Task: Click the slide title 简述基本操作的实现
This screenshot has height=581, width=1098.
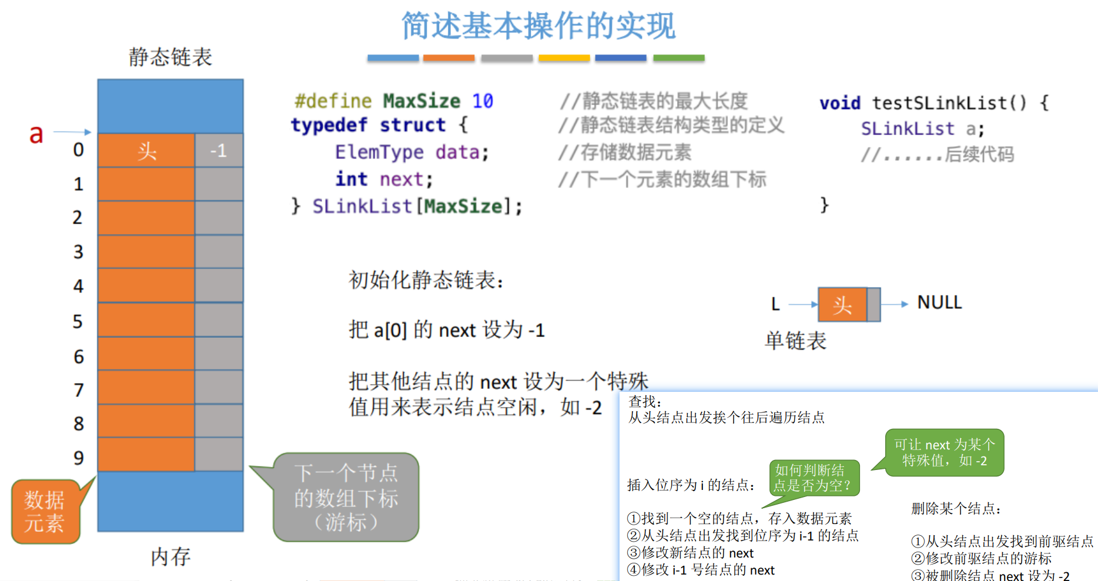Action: coord(538,26)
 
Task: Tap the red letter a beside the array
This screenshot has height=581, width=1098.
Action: coord(36,134)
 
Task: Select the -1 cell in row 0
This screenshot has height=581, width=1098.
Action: coord(219,151)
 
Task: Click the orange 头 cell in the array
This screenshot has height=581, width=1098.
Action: coord(146,151)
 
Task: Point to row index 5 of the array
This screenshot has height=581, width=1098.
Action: coord(78,321)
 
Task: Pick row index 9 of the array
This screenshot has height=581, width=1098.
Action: coord(78,458)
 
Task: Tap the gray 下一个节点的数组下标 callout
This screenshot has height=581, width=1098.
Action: coord(346,498)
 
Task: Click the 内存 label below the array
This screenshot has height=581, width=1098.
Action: coord(170,556)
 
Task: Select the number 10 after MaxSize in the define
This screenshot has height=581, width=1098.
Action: coord(483,101)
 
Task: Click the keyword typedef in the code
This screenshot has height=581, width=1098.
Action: coord(329,125)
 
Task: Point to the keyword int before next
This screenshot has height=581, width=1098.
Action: coord(351,179)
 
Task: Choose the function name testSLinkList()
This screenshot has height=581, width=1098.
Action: coord(949,103)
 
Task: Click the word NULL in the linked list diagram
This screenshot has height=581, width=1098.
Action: coord(939,303)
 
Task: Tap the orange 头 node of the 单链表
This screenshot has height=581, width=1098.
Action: coord(842,304)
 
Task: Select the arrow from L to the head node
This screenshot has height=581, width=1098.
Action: coord(802,304)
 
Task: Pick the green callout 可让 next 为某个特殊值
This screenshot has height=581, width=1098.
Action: coord(945,452)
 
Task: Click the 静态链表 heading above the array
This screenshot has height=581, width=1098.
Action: coord(170,57)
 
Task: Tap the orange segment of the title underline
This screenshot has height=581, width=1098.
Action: coord(448,58)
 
